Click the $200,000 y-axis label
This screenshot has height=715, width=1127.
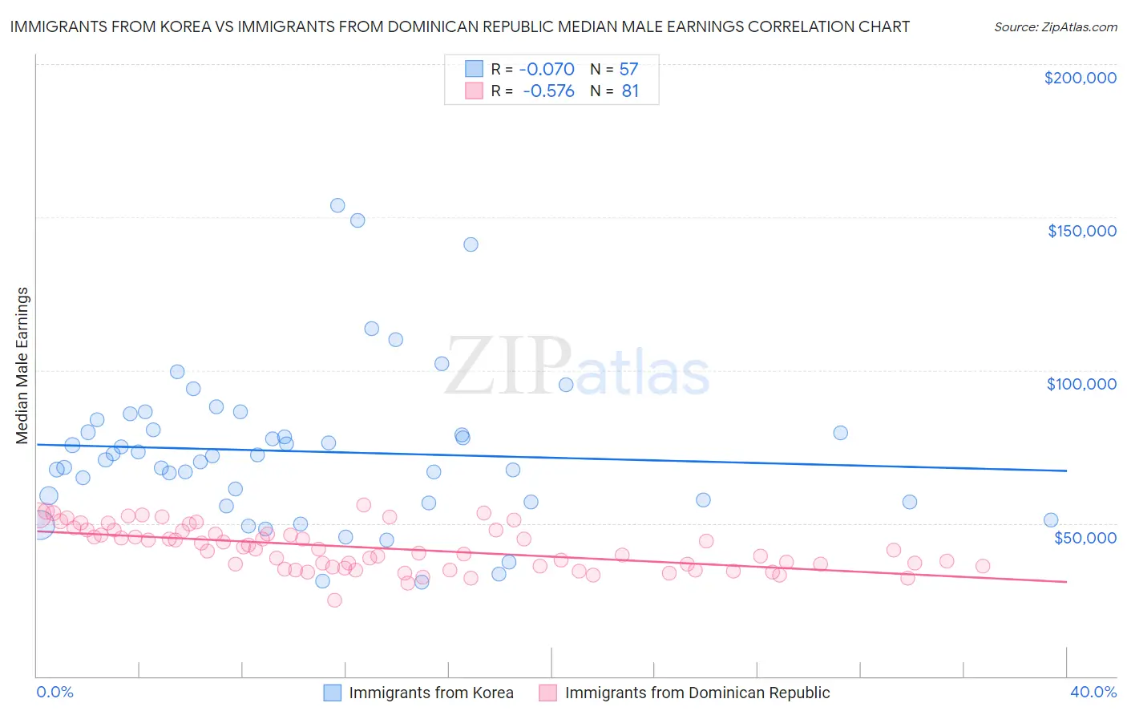1080,78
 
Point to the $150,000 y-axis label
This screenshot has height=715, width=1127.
1081,231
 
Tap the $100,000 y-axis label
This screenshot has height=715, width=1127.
1081,384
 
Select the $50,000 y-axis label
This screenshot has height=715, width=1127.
1085,537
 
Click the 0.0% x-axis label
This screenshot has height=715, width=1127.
55,692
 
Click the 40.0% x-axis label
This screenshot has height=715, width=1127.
1093,692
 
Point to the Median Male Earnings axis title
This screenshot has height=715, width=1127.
22,365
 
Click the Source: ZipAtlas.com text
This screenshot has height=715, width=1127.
1055,26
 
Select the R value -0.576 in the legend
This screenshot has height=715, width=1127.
548,91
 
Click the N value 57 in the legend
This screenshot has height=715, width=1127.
628,70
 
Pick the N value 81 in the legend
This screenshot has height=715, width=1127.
630,91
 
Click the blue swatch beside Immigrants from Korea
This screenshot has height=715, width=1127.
333,693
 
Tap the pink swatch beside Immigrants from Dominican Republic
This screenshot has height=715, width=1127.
548,693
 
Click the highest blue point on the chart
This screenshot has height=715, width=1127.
337,205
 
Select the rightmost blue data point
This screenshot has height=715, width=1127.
1050,520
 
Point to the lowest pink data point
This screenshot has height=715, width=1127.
334,600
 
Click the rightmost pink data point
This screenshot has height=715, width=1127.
982,566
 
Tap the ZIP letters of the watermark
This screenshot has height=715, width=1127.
507,367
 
